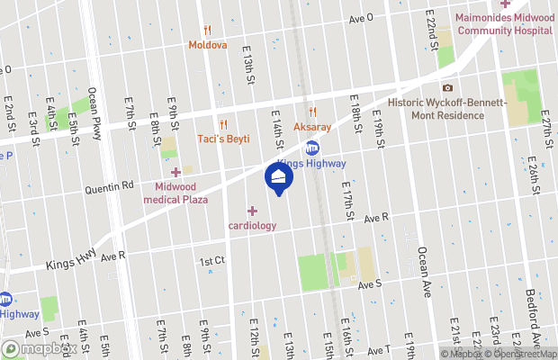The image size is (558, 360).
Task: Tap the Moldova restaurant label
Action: tap(208, 44)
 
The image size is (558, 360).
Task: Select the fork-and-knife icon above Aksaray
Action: tap(312, 112)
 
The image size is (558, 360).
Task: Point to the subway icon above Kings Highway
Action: tap(312, 148)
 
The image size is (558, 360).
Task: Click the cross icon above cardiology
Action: tap(251, 211)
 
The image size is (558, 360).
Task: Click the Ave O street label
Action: tap(361, 18)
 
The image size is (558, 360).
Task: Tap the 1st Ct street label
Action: tap(211, 261)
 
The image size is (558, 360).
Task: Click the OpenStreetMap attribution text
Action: tap(517, 353)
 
